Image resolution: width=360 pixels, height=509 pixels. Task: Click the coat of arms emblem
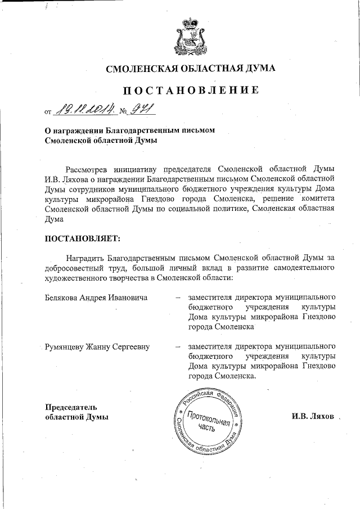tap(191, 35)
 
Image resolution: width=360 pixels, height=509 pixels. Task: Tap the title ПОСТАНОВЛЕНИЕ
tap(191, 90)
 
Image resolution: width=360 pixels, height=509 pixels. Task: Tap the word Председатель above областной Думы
tap(71, 407)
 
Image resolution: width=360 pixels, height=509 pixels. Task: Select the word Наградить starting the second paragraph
tap(85, 257)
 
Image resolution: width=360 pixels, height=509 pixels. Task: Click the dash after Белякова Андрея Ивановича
tap(177, 297)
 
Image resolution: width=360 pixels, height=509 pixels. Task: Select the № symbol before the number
tap(123, 110)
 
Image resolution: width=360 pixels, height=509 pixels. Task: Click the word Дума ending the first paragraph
tap(55, 219)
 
